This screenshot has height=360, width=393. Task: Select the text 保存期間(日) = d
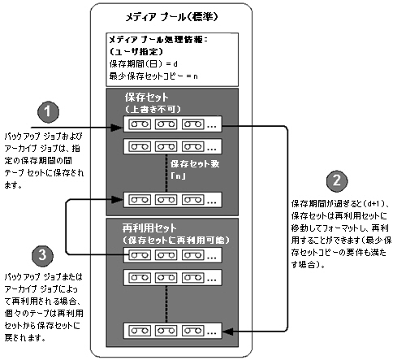tap(144, 63)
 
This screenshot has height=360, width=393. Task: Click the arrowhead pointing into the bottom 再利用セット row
tap(230, 330)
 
